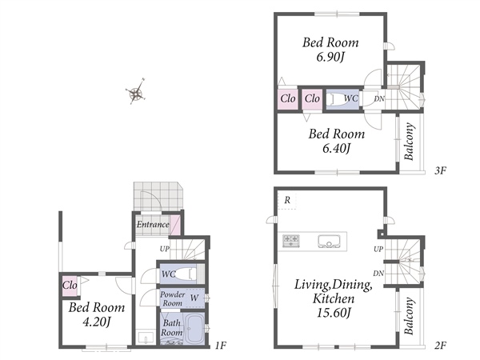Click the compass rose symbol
coord(136,92)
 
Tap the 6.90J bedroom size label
coord(330,57)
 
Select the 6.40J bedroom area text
coord(336,149)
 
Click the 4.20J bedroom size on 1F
coord(97,322)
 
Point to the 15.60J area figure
coord(334,313)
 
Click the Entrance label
coord(153,224)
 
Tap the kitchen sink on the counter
coord(329,242)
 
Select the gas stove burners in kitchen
coord(291,241)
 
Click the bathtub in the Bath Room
coord(194,329)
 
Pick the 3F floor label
coord(440,170)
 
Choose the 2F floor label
coord(440,346)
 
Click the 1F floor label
coord(221,346)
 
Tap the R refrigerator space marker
coord(287,200)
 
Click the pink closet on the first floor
coord(70,286)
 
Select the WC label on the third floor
coord(351,98)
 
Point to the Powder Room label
coord(172,298)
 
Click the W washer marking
coord(194,298)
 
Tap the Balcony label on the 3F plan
coord(410,142)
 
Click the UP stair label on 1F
coord(164,249)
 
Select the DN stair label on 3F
coord(379,98)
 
